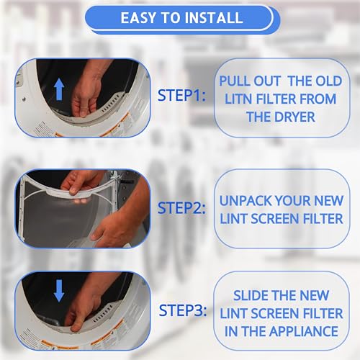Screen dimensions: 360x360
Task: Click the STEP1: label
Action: [181, 95]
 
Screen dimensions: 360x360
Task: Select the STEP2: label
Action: [181, 208]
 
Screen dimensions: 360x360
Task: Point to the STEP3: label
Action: [183, 310]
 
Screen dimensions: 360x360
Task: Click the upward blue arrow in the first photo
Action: [59, 89]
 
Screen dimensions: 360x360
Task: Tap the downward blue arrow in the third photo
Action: [59, 291]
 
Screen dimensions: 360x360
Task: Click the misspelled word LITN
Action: [238, 99]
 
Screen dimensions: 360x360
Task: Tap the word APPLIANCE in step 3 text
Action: [304, 331]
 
